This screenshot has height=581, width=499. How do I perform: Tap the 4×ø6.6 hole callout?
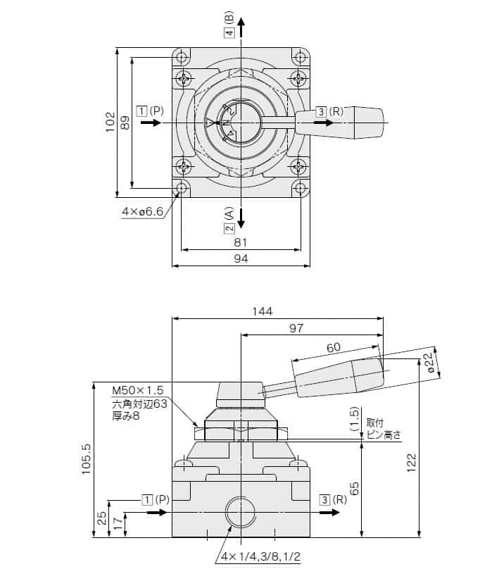[142, 211]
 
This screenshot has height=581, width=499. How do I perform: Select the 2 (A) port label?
[229, 220]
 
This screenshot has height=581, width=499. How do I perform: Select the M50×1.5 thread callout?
[137, 390]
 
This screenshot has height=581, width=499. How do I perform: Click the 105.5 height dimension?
[87, 459]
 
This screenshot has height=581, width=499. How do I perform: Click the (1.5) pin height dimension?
[355, 421]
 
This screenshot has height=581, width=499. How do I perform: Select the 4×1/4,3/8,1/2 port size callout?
[260, 556]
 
